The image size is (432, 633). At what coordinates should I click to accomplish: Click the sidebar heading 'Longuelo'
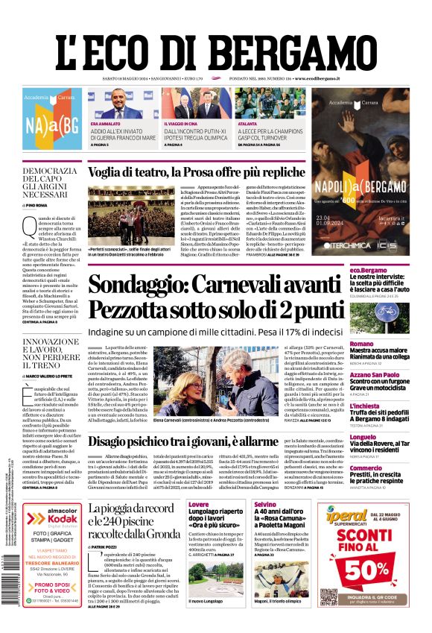coord(364,436)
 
